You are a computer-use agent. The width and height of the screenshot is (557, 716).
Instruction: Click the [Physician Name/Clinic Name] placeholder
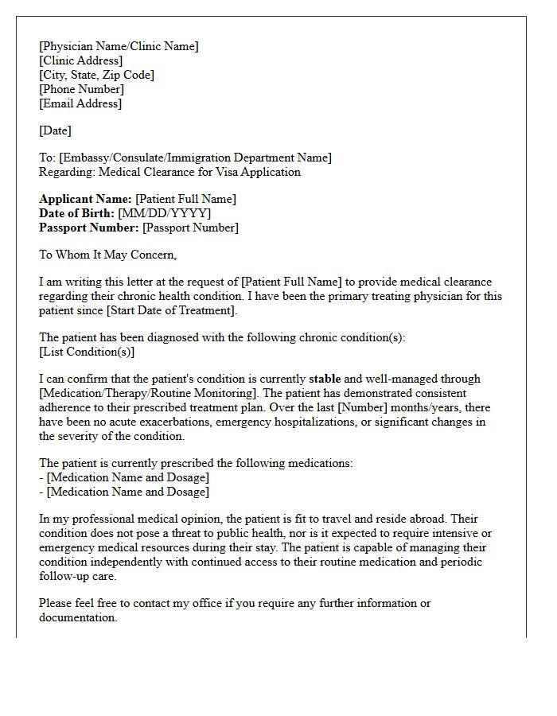119,46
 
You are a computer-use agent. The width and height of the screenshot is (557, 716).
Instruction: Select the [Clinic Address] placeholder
80,60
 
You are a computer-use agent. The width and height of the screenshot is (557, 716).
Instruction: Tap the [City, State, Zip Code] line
96,75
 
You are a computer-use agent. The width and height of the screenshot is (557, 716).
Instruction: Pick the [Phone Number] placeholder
81,89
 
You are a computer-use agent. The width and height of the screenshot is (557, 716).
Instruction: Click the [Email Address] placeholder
80,103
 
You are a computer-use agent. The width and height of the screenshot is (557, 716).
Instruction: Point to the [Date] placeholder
55,130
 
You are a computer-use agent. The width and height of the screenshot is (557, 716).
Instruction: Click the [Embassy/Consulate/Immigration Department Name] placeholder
195,158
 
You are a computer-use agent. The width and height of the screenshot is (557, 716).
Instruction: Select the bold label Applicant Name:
86,199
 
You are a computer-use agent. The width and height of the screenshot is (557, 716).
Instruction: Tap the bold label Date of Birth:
76,213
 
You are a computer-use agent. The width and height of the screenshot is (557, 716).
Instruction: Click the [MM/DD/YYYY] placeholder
165,213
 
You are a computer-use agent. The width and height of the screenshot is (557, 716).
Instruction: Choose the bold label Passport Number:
89,228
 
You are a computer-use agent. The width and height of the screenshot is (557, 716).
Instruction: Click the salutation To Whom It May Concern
107,255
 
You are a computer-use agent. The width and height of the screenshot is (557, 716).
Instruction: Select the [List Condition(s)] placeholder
87,352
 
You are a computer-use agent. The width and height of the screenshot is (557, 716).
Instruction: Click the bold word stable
325,379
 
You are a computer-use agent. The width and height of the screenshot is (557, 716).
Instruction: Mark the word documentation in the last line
77,617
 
